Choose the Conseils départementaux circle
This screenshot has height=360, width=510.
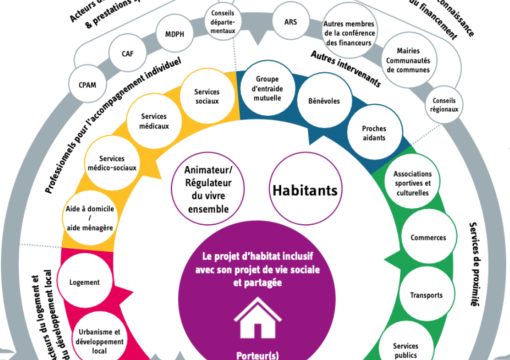pyautogui.click(x=224, y=22)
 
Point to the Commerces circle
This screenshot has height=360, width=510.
pyautogui.click(x=429, y=239)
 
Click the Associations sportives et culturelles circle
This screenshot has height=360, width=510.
pyautogui.click(x=413, y=180)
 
